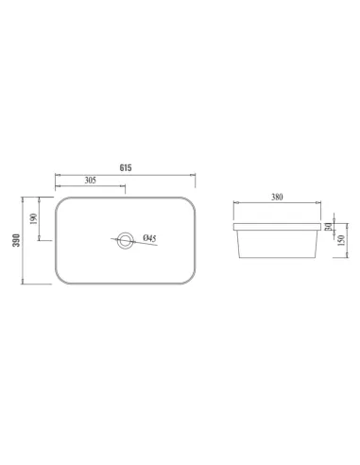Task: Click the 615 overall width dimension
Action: pyautogui.click(x=125, y=166)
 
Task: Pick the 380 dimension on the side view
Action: pyautogui.click(x=277, y=198)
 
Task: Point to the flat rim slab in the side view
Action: pyautogui.click(x=277, y=227)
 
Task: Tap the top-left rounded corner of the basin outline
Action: pyautogui.click(x=61, y=201)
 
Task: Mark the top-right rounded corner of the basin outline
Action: pyautogui.click(x=189, y=201)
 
